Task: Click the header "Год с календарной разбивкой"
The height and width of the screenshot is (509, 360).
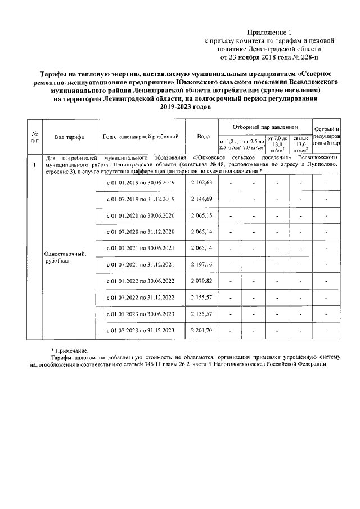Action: click(x=141, y=136)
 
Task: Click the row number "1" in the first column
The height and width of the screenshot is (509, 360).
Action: click(x=35, y=165)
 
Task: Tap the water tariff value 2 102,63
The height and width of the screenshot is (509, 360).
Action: click(x=202, y=183)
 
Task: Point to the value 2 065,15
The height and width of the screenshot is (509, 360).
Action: click(x=202, y=216)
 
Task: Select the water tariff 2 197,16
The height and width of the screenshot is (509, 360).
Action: click(x=202, y=264)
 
